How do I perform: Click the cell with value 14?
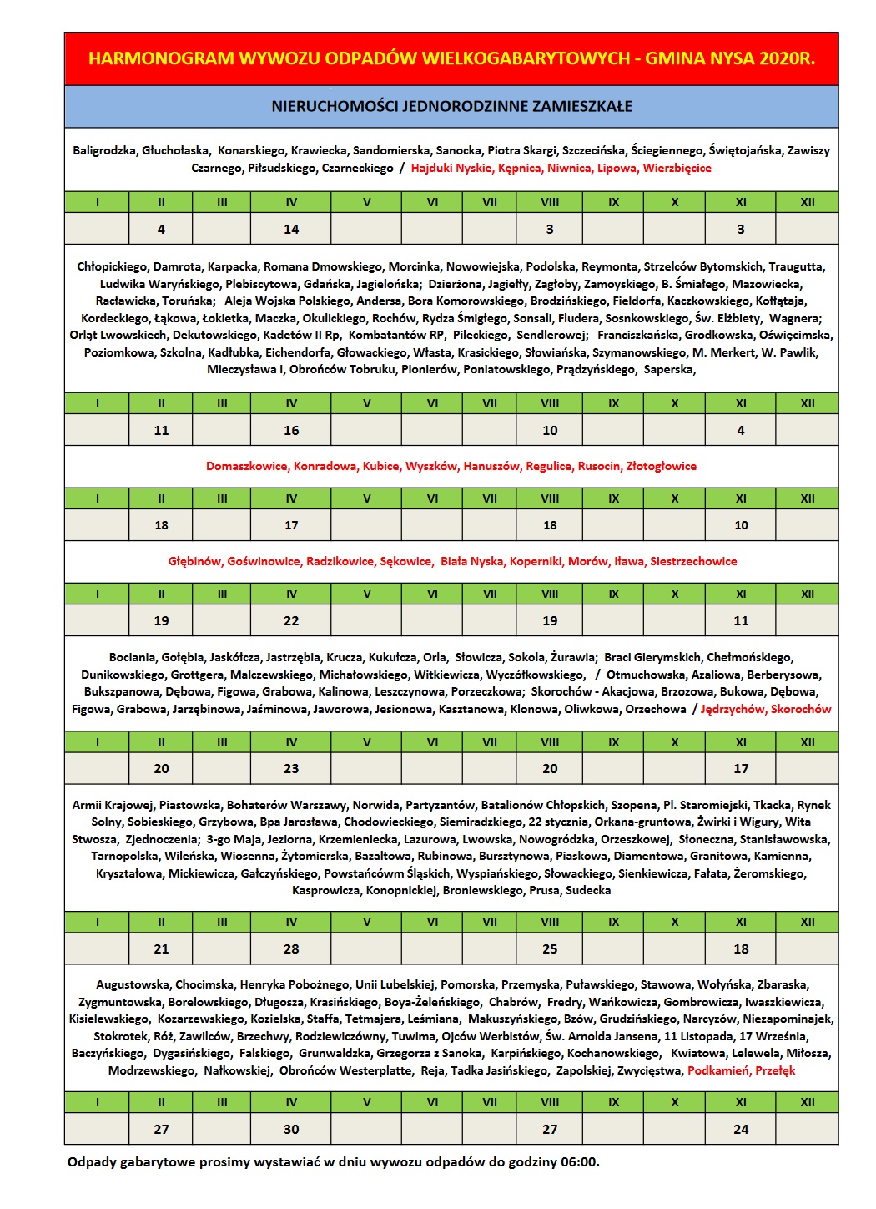[x=291, y=229]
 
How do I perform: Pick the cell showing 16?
[x=291, y=431]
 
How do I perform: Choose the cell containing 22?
[x=291, y=621]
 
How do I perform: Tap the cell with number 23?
[x=291, y=769]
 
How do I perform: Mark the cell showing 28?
[x=291, y=949]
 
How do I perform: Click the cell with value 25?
[x=550, y=949]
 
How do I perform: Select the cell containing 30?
[x=291, y=1130]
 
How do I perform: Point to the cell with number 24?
[x=741, y=1130]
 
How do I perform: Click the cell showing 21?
[x=161, y=949]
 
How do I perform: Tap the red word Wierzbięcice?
[x=677, y=169]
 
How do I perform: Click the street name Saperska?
[x=669, y=370]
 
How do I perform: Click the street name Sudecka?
[x=588, y=891]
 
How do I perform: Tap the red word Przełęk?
[x=776, y=1071]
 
